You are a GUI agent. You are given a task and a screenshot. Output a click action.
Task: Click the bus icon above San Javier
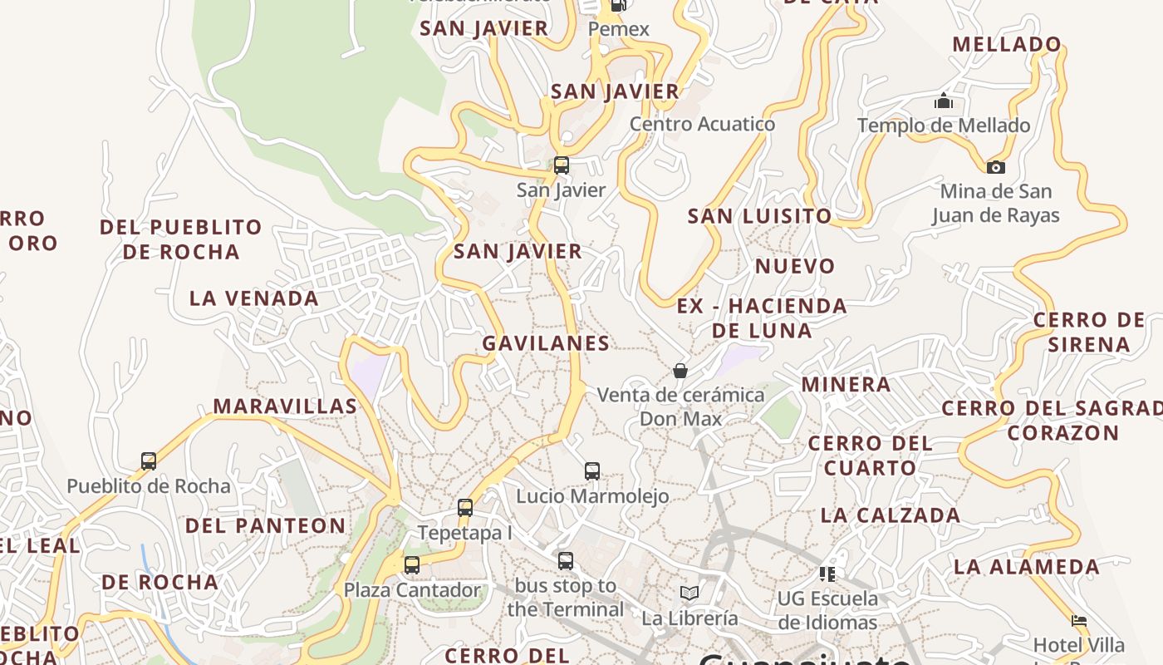coord(562,165)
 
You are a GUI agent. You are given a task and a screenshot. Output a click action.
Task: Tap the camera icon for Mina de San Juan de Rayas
coord(995,167)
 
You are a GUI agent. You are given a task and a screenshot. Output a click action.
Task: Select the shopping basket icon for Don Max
coord(680,371)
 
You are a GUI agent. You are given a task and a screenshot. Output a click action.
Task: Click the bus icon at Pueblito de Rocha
coord(149,461)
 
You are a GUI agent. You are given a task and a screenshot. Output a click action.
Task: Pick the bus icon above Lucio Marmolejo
coord(592,471)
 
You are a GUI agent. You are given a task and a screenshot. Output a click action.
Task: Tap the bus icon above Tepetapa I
coord(465,507)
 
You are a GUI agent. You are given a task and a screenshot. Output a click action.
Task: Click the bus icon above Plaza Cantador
coord(412,565)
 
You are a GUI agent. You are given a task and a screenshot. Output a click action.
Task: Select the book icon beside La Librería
coord(689,593)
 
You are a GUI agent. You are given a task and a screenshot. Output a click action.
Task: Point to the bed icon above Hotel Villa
coord(1079,620)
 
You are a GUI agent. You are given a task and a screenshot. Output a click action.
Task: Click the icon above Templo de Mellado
coord(943,101)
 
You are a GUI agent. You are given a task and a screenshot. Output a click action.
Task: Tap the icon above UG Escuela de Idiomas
coord(827,574)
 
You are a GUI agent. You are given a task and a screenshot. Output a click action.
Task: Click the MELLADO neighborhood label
coord(1007,45)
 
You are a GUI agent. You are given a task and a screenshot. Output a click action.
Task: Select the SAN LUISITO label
coord(759,216)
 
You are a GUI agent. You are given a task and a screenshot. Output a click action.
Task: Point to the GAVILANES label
coord(546,342)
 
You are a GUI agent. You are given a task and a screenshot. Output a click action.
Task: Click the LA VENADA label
coord(254,298)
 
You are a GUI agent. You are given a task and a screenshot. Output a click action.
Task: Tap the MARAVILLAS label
coord(285,406)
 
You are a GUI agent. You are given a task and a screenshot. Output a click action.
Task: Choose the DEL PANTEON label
coord(265,525)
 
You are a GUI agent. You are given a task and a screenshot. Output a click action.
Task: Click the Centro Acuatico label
coord(702,124)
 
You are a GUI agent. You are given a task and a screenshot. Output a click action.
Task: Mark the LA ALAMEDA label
coord(1027,567)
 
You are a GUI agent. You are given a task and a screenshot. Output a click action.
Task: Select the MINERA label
coord(846,384)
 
